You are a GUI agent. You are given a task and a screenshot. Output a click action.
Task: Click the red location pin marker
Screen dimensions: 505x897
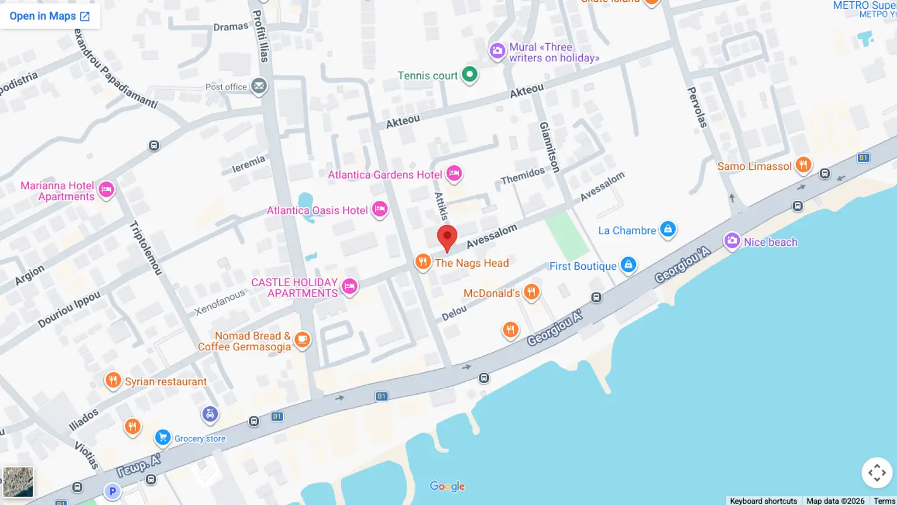[x=447, y=237]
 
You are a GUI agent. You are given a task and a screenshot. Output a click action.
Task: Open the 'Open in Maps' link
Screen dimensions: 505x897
[x=50, y=16]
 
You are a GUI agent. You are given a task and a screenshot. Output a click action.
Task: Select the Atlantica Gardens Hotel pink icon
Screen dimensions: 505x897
[x=454, y=173]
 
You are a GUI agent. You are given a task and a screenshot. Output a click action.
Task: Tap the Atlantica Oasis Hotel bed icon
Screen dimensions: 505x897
[x=380, y=209]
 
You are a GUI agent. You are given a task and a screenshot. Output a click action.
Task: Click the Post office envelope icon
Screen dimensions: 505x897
[x=259, y=86]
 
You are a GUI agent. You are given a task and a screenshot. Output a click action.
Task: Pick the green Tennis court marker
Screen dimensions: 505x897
[x=470, y=74]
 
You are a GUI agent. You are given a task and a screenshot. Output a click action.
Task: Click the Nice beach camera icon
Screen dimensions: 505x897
[x=732, y=241]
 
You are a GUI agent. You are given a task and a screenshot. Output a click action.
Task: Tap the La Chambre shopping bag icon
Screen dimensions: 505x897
[x=667, y=229]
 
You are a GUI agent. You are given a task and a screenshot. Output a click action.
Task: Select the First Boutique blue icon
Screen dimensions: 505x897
[x=628, y=264]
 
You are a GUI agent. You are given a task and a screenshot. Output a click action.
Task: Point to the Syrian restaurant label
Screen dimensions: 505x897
[x=166, y=382]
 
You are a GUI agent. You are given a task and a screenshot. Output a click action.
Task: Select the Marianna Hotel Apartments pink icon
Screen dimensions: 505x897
[x=106, y=189]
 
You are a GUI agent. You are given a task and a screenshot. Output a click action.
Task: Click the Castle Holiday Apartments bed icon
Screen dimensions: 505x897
[x=349, y=286]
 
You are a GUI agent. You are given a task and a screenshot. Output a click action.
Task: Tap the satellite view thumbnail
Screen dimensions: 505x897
[x=18, y=482]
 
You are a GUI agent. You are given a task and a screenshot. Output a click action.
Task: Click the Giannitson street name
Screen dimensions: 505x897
[x=549, y=147]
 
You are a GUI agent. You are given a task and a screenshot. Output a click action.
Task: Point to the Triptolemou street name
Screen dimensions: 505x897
[x=145, y=248]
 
